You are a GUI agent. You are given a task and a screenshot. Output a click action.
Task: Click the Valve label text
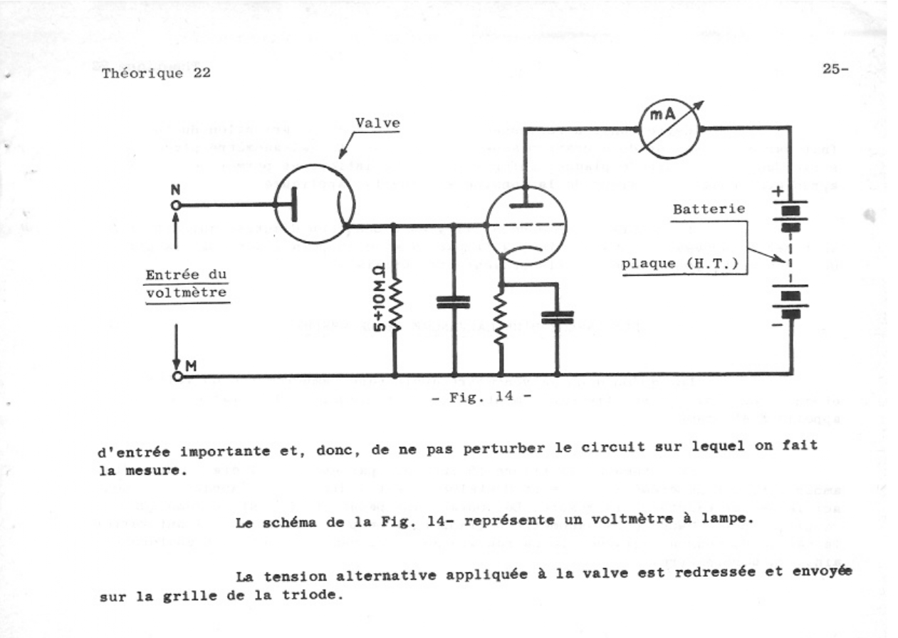(377, 123)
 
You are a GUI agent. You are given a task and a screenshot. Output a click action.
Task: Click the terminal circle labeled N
(176, 205)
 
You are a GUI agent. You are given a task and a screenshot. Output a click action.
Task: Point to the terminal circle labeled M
(177, 376)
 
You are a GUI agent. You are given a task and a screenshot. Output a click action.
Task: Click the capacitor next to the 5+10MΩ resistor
(454, 302)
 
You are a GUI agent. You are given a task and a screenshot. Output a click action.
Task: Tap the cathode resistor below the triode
(501, 319)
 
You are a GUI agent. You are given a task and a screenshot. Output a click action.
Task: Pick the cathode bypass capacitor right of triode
(557, 317)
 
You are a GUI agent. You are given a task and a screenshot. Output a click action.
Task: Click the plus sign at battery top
(776, 193)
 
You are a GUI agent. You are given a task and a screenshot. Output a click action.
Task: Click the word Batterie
(709, 210)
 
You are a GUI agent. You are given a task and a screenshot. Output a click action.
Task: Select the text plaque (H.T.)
(679, 263)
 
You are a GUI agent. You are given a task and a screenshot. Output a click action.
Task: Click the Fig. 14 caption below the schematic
(481, 397)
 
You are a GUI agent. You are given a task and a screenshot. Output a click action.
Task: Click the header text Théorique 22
(156, 74)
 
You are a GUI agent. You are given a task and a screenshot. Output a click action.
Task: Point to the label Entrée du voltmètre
(187, 284)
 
